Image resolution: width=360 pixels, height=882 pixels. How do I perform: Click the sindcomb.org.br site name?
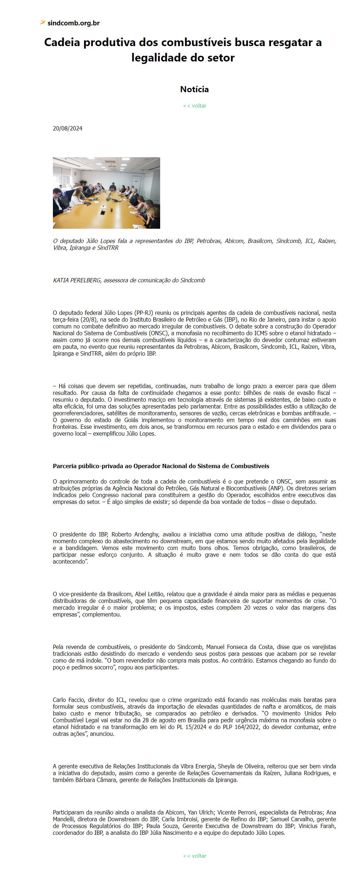[x=73, y=23]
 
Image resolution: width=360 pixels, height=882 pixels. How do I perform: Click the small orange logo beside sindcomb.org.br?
[x=43, y=23]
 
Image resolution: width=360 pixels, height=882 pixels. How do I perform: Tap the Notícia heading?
[x=194, y=89]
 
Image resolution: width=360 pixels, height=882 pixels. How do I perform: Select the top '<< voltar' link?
[x=194, y=106]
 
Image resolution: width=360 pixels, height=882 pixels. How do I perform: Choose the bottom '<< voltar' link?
[x=194, y=856]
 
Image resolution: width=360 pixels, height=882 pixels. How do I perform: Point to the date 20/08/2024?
[x=68, y=129]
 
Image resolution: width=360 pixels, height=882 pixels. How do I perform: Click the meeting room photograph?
[x=106, y=193]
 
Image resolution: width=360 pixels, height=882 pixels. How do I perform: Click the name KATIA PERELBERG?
[x=77, y=281]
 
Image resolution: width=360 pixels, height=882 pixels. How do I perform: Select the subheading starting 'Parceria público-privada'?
[x=161, y=466]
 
